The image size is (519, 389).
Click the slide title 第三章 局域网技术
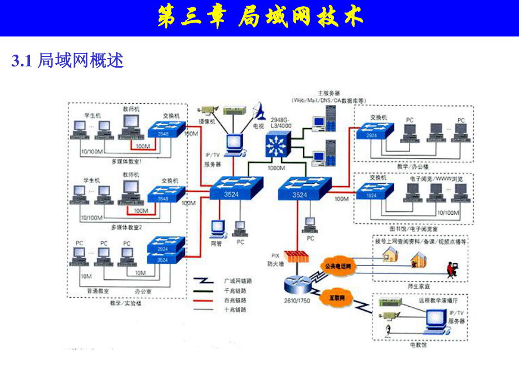click(x=259, y=17)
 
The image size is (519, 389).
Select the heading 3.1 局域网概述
click(x=67, y=61)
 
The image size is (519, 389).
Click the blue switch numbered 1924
click(x=370, y=194)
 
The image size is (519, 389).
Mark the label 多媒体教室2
click(x=126, y=227)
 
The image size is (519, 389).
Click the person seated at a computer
click(x=451, y=269)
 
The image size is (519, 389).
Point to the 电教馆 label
click(x=418, y=344)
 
